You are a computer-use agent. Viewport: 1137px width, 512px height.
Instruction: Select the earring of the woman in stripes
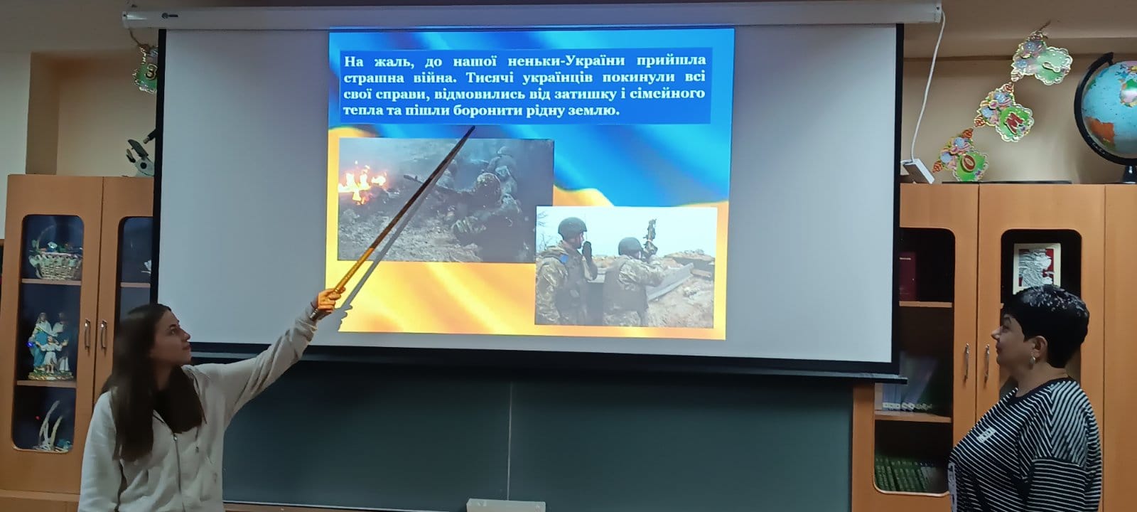pyautogui.click(x=1033, y=363)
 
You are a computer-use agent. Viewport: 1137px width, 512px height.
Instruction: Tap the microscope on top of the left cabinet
pyautogui.click(x=140, y=154)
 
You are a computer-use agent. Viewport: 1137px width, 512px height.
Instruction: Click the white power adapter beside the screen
pyautogui.click(x=917, y=171)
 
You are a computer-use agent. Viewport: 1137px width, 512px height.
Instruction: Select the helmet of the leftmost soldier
pyautogui.click(x=572, y=227)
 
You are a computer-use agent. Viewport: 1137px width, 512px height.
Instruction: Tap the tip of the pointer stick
pyautogui.click(x=473, y=127)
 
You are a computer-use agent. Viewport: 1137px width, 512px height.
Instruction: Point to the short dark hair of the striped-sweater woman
pyautogui.click(x=1048, y=319)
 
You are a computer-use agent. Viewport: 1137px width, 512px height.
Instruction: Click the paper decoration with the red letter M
pyautogui.click(x=1005, y=114)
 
